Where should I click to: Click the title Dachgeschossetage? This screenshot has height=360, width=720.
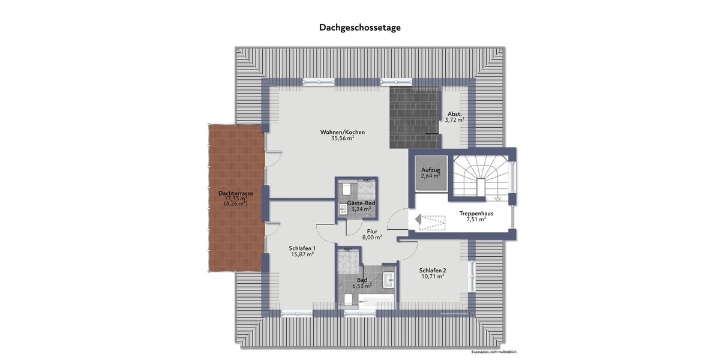[359, 28]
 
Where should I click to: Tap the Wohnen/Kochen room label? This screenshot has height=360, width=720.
[343, 132]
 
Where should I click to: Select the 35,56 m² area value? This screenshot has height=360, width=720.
[343, 139]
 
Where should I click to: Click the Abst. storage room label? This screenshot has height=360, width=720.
[454, 113]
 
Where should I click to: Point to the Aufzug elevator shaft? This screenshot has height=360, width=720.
[430, 173]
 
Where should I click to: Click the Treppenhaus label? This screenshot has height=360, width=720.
[476, 213]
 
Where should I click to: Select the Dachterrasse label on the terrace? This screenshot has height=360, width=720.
[235, 193]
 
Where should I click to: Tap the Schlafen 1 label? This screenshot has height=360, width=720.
[302, 248]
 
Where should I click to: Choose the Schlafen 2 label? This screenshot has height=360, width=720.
[432, 269]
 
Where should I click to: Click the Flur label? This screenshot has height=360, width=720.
[372, 230]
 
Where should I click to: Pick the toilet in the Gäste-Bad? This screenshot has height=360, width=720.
[346, 189]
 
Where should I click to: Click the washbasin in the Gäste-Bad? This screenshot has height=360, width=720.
[343, 210]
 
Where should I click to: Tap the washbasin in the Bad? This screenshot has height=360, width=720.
[388, 280]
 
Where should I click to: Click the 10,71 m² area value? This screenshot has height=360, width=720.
[432, 277]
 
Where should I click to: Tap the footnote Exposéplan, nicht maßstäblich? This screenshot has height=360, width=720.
[494, 352]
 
